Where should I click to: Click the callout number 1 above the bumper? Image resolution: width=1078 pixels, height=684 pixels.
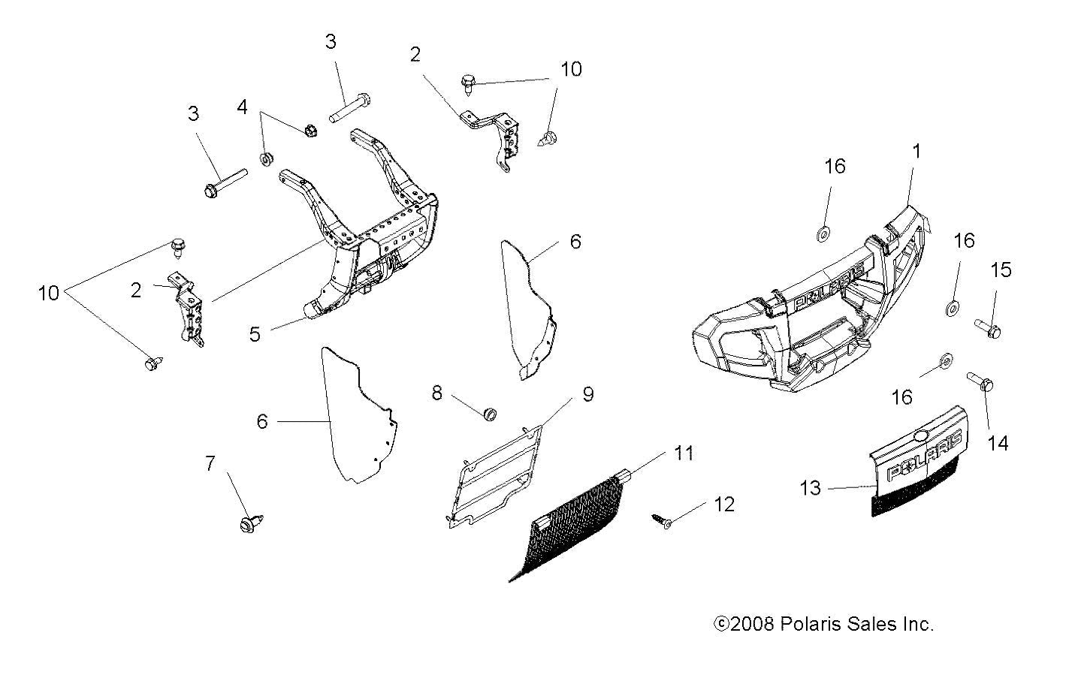916,151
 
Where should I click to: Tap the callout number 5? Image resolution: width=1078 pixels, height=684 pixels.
255,334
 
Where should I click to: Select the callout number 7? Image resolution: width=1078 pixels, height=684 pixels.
210,464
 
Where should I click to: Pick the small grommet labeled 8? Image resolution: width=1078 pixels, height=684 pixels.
491,414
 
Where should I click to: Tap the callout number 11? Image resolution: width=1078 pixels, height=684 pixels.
683,453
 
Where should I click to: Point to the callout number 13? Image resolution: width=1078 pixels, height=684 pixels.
811,488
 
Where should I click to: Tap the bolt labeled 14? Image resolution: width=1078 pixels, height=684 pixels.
980,384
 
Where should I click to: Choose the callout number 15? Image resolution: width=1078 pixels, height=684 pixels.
1001,270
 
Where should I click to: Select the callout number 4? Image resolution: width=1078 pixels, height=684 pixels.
242,107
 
